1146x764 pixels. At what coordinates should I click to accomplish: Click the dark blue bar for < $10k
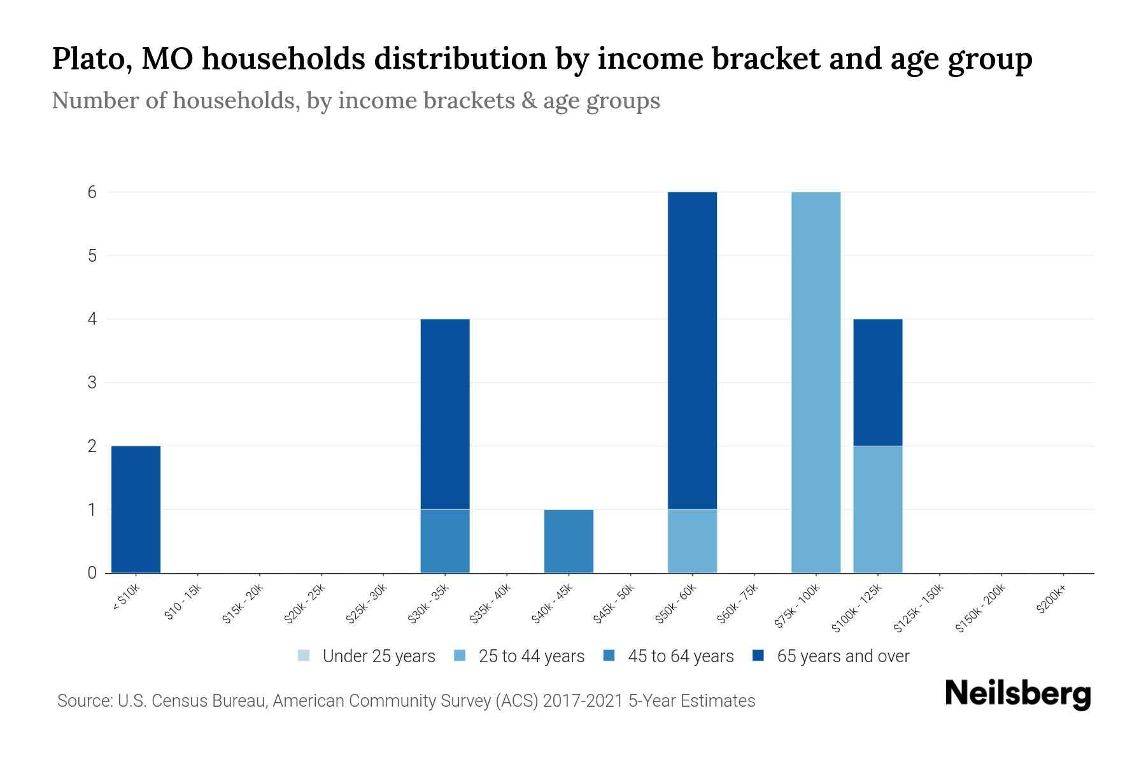136,509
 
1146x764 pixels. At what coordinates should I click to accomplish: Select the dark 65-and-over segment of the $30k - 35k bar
445,414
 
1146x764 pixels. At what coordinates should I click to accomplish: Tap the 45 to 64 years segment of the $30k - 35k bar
445,541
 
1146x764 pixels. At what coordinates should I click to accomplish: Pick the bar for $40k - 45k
569,541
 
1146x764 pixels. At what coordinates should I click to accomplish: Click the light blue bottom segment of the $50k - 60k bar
692,541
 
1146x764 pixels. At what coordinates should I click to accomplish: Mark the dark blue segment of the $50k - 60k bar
692,350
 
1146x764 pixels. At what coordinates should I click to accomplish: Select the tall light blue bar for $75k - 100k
816,382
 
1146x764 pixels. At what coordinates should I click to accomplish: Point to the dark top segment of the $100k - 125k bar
877,382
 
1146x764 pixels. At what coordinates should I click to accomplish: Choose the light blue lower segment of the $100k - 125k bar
877,509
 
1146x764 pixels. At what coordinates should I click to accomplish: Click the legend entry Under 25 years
367,656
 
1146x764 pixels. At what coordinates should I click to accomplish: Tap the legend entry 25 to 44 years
520,656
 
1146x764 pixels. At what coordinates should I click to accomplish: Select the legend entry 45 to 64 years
668,656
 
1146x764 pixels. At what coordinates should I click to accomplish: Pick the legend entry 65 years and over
831,656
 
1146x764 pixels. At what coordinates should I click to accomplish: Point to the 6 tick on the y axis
92,192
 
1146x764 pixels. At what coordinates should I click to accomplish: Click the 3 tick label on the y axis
92,383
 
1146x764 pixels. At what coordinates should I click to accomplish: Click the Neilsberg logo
1017,694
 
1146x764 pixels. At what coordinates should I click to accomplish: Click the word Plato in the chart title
87,59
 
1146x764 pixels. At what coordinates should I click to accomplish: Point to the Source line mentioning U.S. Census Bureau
406,701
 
